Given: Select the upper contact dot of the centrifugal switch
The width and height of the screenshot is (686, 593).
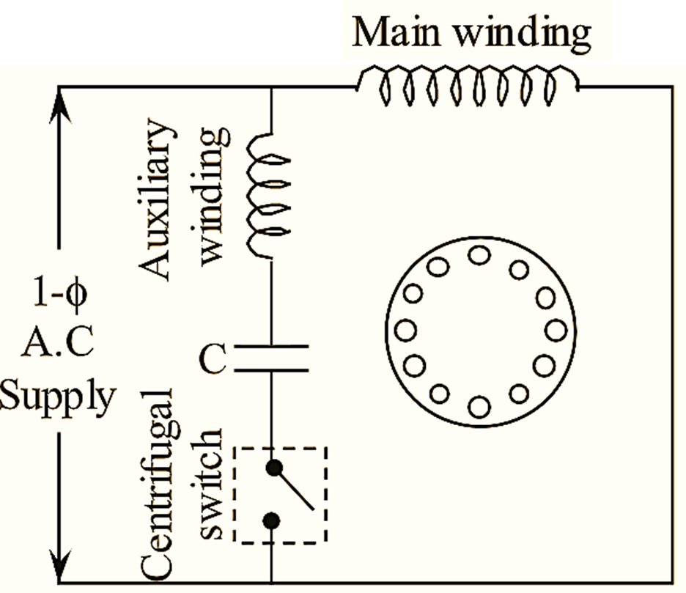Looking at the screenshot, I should pos(273,465).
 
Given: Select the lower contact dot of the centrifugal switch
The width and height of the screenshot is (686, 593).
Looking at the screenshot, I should pos(273,520).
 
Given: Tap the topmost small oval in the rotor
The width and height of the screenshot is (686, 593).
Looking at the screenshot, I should pos(479,255).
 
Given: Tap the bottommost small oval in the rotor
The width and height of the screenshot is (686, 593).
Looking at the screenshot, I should pos(479,404).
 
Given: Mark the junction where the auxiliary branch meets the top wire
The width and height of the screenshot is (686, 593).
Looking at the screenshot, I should pos(272,86).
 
